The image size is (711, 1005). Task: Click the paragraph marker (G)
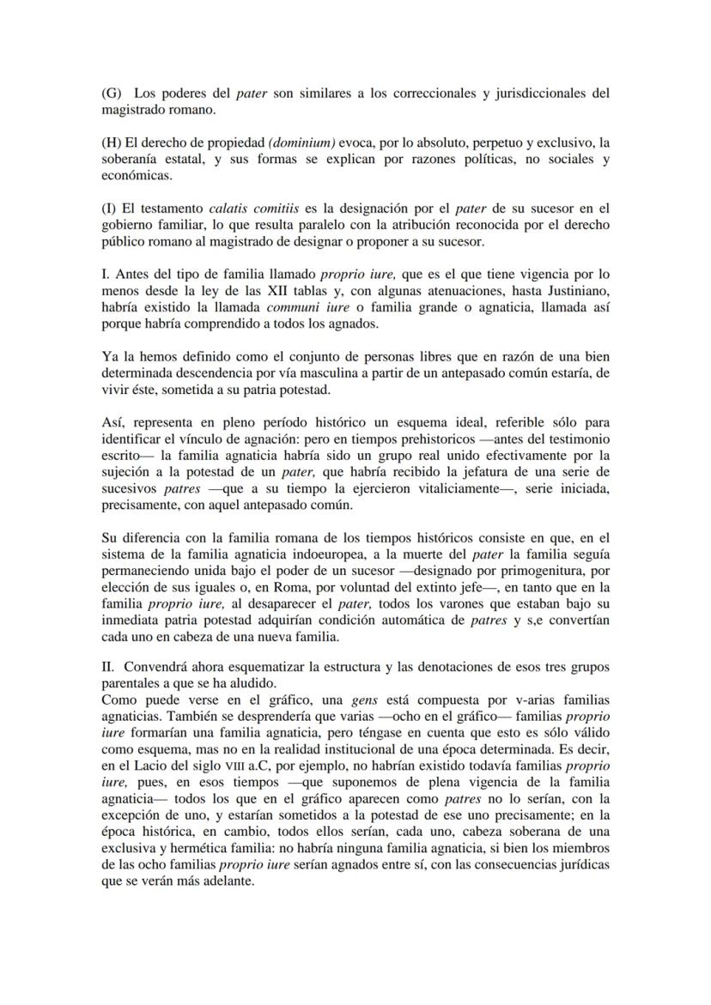[x=112, y=94]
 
